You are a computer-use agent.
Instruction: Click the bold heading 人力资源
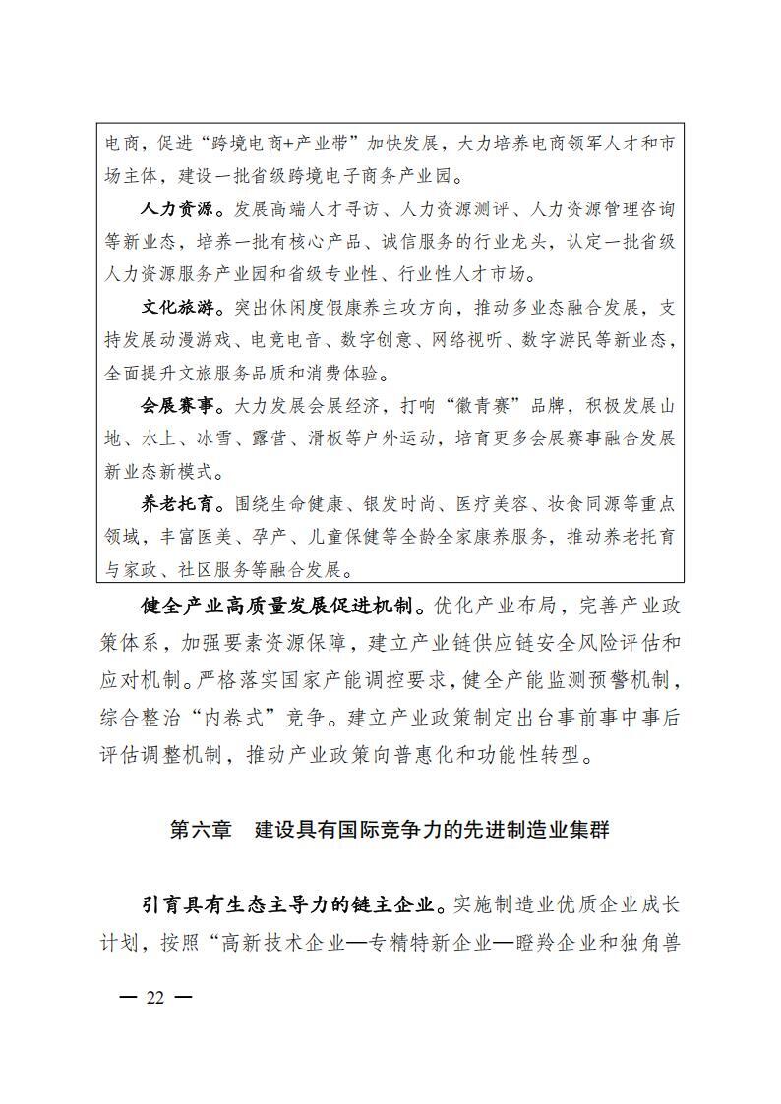(x=176, y=209)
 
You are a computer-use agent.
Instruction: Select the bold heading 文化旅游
(x=176, y=308)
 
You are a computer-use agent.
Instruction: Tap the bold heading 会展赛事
(x=176, y=405)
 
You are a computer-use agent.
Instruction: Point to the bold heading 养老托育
(x=176, y=504)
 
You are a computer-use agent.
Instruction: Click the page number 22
(x=155, y=997)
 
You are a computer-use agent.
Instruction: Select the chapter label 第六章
(x=201, y=830)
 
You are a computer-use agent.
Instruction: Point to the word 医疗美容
(x=489, y=504)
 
